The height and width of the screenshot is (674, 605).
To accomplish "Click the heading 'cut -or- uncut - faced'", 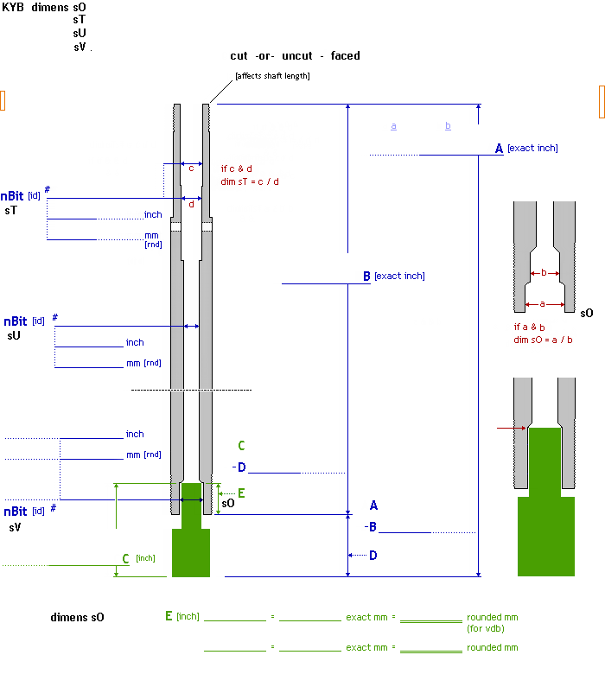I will click(295, 56).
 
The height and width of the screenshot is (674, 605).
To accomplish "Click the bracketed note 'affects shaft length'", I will click(272, 76).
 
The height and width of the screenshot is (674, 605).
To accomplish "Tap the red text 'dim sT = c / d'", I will click(250, 181).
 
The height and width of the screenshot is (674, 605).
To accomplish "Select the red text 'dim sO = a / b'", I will click(543, 340).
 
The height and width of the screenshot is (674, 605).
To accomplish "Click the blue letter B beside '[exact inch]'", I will click(366, 277).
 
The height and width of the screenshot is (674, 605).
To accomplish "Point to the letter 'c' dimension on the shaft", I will click(191, 168).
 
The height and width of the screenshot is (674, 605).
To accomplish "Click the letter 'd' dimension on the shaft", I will click(191, 205).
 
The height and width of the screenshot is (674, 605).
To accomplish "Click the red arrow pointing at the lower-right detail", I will click(511, 427).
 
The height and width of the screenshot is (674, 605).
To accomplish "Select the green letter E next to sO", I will click(241, 493).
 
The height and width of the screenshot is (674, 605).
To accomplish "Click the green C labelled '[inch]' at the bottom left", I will click(125, 558).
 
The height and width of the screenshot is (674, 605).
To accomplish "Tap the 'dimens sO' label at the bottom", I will click(77, 617).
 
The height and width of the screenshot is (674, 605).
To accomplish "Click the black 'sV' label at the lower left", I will click(16, 526).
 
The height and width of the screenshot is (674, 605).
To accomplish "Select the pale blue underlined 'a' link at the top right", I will click(393, 126).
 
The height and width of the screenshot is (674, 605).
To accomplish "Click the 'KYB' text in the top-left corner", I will click(13, 7).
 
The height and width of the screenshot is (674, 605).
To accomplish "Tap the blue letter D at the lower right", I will click(373, 556).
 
